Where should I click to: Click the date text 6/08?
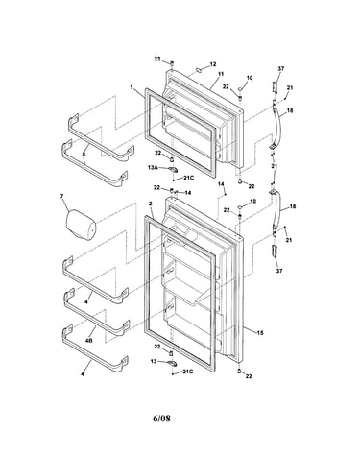coord(161,419)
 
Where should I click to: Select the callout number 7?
coord(62,196)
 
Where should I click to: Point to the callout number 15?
coord(260,333)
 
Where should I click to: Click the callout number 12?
coord(213,64)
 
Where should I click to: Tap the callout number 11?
coord(221,74)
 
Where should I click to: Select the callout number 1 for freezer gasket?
coord(132,87)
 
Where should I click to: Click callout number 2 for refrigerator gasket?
coord(150,204)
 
